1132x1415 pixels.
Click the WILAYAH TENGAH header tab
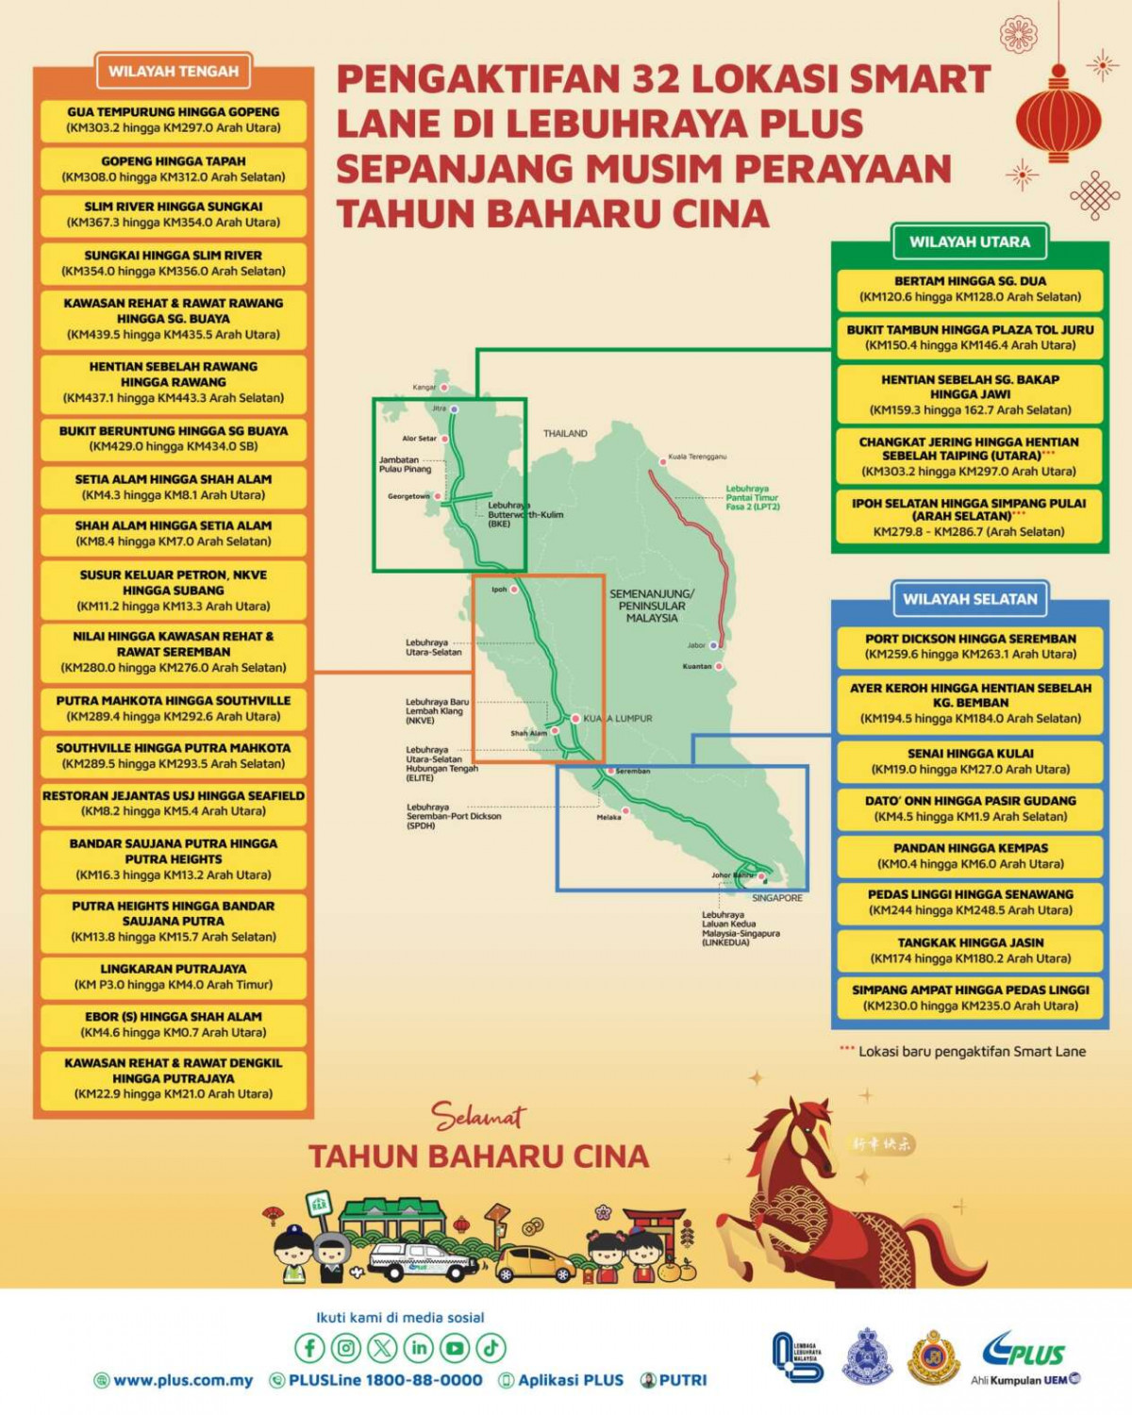click(174, 71)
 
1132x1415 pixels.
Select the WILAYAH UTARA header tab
click(969, 241)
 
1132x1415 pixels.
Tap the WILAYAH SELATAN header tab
click(969, 599)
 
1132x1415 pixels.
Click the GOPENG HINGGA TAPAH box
click(174, 169)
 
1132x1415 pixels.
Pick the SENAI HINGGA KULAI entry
click(970, 761)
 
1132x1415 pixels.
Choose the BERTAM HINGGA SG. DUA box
click(970, 289)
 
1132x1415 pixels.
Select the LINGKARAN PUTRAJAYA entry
click(174, 976)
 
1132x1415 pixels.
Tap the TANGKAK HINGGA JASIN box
click(970, 950)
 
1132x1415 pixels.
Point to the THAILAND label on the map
click(565, 434)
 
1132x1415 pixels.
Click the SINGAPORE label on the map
click(777, 898)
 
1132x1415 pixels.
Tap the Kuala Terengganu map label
click(697, 457)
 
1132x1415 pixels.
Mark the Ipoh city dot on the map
click(514, 590)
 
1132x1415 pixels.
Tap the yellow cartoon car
click(534, 1264)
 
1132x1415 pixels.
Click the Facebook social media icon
click(309, 1348)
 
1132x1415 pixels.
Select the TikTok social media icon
click(491, 1348)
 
